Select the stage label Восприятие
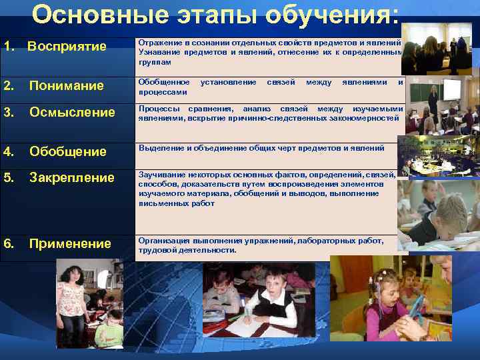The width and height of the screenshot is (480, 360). click(67, 47)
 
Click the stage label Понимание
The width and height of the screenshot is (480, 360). click(67, 85)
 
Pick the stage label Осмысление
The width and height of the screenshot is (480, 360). click(72, 112)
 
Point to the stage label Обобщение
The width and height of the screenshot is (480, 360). click(68, 152)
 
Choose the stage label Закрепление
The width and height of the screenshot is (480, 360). click(72, 178)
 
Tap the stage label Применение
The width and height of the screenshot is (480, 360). click(70, 243)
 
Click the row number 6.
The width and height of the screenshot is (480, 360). click(8, 243)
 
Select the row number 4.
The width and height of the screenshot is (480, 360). click(8, 152)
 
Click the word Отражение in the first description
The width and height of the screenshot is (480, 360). click(157, 42)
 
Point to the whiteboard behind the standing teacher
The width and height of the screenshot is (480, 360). click(452, 89)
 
